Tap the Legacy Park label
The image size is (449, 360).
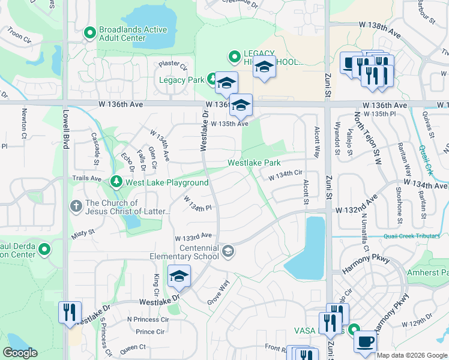[181, 80]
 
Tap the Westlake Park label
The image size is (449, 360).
[254, 163]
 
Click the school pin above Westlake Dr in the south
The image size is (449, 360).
[179, 276]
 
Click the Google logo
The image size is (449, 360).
[20, 353]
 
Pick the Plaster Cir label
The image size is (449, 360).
[173, 65]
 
